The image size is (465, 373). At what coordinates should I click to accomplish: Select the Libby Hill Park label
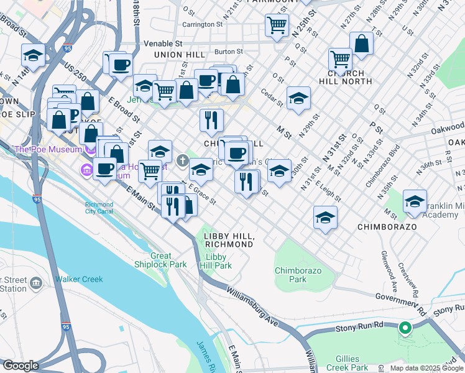pos(219,261)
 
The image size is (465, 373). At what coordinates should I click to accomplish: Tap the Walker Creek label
pos(79,279)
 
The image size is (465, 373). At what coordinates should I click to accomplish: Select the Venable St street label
pos(162,44)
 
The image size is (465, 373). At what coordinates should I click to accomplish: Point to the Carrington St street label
pos(202,24)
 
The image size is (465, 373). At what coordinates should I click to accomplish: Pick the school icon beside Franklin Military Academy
pos(415,201)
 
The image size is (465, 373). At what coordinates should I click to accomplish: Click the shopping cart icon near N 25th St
pos(277,25)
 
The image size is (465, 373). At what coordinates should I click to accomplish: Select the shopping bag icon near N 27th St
pos(361,43)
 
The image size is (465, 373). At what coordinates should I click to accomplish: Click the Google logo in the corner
pos(21,366)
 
